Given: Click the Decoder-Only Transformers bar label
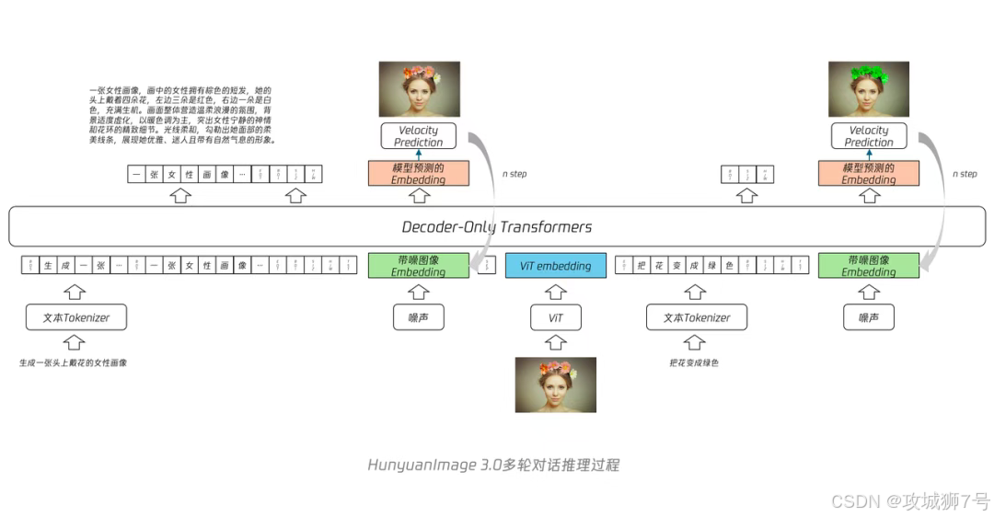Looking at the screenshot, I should (497, 227).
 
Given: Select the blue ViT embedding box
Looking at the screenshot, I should (555, 266).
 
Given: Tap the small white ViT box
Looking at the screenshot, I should (555, 317).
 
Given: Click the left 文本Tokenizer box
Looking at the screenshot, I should (75, 317).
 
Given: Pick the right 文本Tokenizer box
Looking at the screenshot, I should (697, 317).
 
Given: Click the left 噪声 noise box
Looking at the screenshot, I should (418, 317).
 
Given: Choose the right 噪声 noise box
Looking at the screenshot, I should (869, 317).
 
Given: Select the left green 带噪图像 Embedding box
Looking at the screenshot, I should (418, 266).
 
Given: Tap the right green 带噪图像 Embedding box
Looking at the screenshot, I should (869, 266).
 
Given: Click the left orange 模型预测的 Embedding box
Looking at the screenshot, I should (418, 174).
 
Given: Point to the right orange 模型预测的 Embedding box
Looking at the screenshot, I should (869, 174).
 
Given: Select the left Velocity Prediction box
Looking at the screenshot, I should (418, 136).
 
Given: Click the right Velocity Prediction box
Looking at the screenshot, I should (869, 136).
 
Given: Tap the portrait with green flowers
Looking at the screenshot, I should (869, 89).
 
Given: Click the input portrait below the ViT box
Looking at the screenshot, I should (555, 385).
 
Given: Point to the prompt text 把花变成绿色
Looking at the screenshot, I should (694, 362).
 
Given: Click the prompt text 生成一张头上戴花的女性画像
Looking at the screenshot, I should (73, 362).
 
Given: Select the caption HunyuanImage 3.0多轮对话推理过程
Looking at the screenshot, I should (493, 465).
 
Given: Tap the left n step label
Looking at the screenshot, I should (514, 174).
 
